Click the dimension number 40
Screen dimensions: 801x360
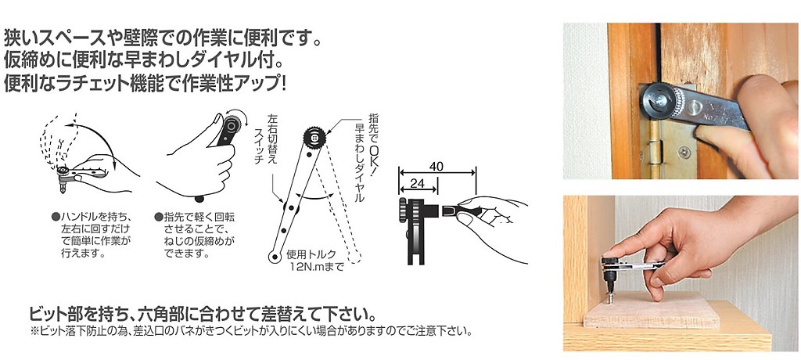click(x=436, y=167)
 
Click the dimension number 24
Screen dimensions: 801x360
click(x=418, y=183)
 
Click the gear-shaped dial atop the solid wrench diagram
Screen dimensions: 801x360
click(x=314, y=137)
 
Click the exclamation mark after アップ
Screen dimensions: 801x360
click(x=282, y=85)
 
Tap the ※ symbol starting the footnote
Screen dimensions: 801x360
click(x=34, y=331)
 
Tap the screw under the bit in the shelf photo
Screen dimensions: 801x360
click(x=610, y=297)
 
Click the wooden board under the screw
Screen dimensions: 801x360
click(x=652, y=311)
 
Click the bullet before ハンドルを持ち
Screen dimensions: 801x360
click(x=56, y=217)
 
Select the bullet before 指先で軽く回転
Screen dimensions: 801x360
click(x=158, y=217)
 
